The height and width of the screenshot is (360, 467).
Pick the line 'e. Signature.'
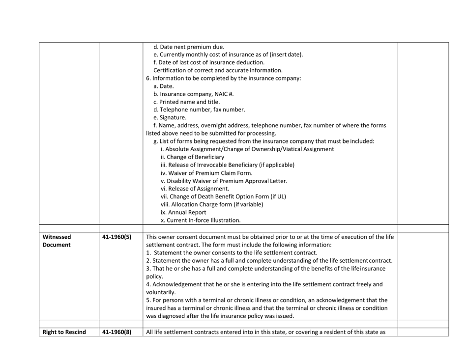[x=170, y=117]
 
